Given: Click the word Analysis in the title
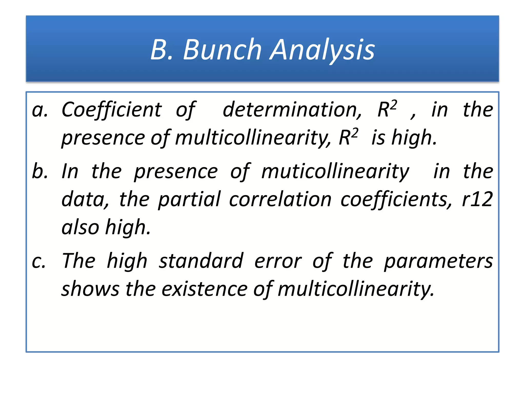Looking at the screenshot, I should coord(323,50).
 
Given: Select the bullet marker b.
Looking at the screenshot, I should coord(40,171).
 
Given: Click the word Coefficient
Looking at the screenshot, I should coord(112,110).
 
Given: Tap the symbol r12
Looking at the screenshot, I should coord(477,199).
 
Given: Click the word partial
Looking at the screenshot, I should coord(189,199).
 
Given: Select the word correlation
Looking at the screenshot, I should coord(280,199).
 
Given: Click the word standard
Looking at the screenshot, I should coord(201,261).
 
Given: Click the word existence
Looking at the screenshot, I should coord(205,289).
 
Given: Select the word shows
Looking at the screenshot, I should coord(90,289).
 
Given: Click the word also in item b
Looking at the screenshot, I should coord(80,227).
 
